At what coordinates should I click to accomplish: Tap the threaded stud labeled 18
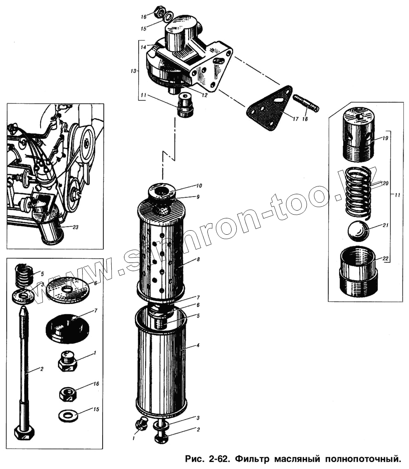point(306,103)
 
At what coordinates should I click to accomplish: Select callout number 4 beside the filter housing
point(198,346)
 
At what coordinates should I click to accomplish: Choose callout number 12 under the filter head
point(204,95)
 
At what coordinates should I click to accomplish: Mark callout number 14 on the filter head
point(144,47)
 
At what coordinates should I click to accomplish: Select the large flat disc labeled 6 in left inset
point(69,289)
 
